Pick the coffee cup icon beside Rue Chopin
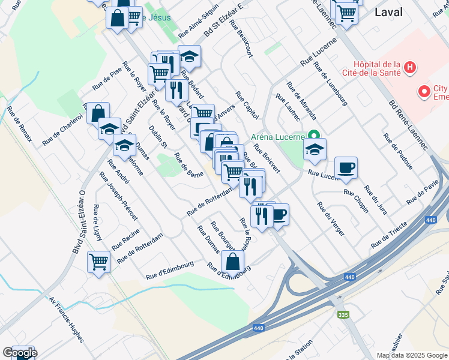(x=346, y=169)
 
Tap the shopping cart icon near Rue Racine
(x=98, y=262)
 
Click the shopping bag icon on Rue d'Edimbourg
(x=232, y=262)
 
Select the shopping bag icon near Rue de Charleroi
(x=98, y=113)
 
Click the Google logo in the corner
(x=20, y=353)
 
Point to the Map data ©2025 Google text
(x=412, y=355)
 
